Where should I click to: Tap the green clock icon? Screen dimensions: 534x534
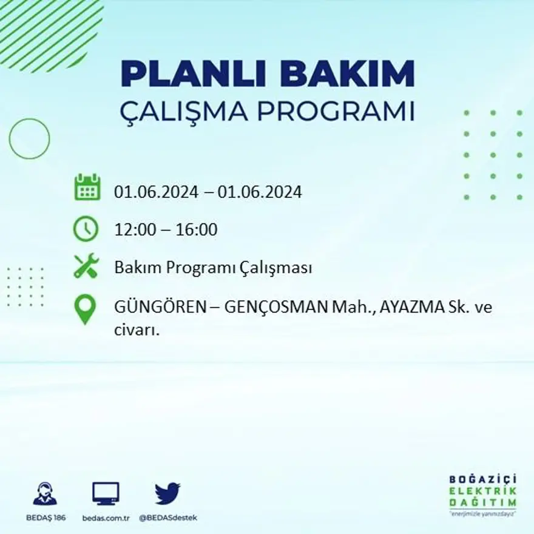(86, 229)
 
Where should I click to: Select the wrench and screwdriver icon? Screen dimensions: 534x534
(86, 266)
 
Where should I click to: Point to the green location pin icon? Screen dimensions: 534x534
(85, 309)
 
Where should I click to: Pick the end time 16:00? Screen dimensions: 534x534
(197, 230)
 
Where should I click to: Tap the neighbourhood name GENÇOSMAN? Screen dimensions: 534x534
(275, 307)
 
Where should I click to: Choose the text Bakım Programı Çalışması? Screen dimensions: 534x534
(213, 268)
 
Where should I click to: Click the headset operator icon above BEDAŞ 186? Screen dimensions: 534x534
(46, 493)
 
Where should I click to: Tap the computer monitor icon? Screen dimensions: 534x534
(106, 493)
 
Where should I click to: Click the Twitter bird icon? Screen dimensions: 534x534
(167, 493)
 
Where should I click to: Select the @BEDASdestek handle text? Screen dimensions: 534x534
(168, 518)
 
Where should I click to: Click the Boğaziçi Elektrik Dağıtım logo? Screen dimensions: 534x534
(482, 495)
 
